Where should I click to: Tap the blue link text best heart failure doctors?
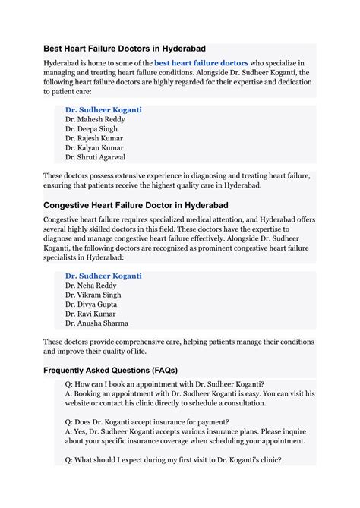[201, 63]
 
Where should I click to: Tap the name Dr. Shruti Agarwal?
[96, 157]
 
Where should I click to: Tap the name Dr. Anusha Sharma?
[97, 323]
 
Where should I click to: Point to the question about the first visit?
[173, 459]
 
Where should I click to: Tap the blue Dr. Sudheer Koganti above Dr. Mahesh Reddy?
[103, 110]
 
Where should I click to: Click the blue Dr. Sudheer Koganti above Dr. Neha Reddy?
[103, 276]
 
